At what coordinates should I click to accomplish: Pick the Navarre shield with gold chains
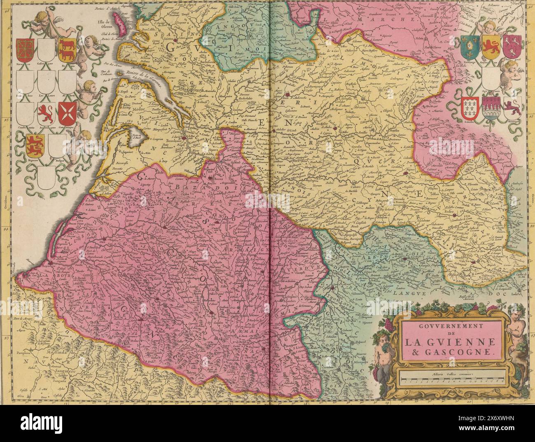[24, 48]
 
